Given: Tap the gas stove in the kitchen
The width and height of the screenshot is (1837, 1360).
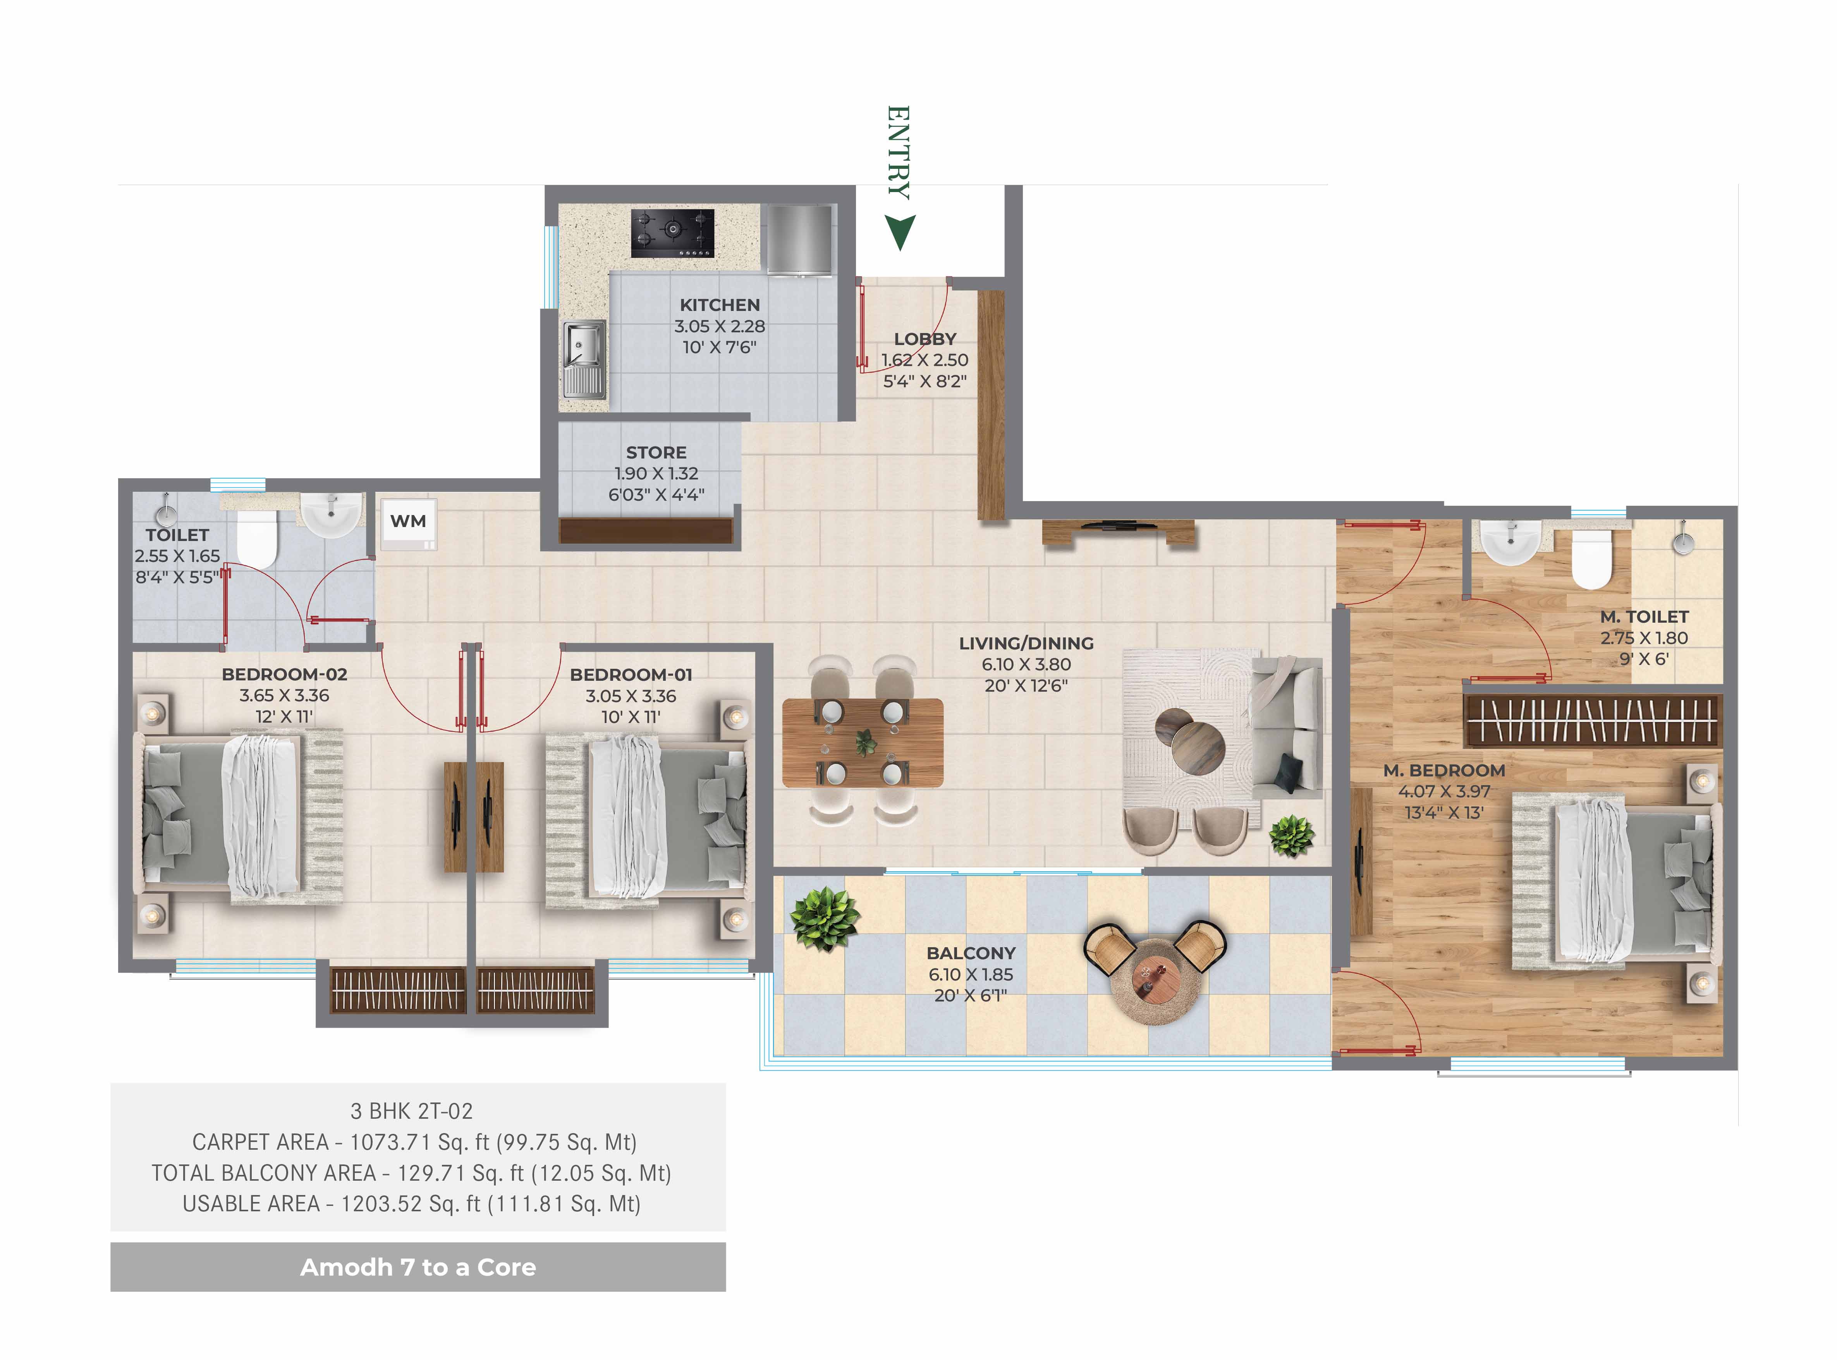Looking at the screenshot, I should [x=672, y=233].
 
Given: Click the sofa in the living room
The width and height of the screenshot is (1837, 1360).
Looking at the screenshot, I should [x=1286, y=726].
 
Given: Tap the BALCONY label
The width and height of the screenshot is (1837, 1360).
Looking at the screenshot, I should [x=971, y=953].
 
